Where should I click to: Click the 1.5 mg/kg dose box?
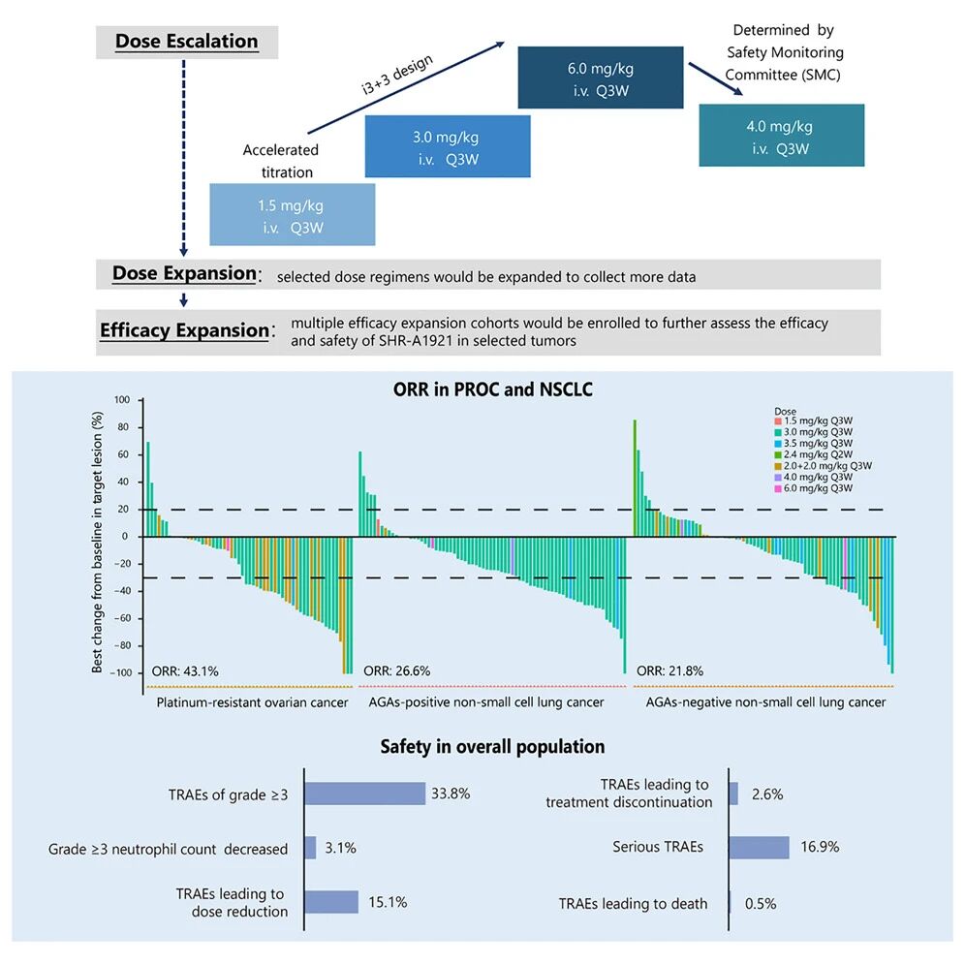point(292,214)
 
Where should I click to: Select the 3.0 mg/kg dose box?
point(448,146)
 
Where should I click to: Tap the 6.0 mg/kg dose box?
point(600,78)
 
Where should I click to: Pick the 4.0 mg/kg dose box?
point(781,136)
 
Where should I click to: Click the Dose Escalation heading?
point(186,42)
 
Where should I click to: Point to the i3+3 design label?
point(390,76)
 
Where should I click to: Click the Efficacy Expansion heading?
point(184,330)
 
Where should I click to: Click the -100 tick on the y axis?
point(121,672)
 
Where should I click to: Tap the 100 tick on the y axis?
point(122,399)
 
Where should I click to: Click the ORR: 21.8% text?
point(669,670)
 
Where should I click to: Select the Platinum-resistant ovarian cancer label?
point(252,701)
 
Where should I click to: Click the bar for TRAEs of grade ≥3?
point(365,794)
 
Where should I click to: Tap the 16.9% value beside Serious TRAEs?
point(820,848)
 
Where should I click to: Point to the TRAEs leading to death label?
point(633,903)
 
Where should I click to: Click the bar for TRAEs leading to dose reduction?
point(332,902)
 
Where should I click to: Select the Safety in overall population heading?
point(492,746)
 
